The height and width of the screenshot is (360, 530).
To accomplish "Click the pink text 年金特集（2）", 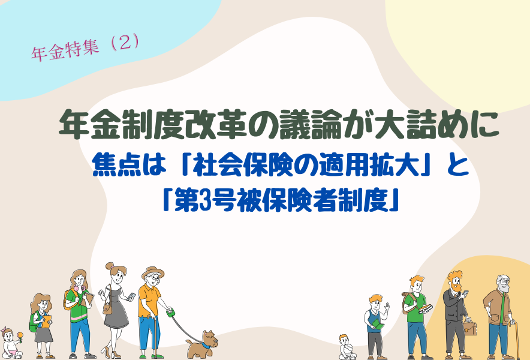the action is pos(85,49).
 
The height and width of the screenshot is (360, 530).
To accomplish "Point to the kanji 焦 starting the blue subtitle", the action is pos(104,165).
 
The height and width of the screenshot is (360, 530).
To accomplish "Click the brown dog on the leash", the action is pos(201,344).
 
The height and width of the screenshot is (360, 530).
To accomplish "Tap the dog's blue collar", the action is pos(206,345).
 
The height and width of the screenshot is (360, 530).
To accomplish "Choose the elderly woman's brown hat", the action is pos(153,272).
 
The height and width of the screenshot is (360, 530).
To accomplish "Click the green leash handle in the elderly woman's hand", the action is pos(170,311).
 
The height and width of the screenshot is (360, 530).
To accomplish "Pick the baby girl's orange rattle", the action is pos(20,337).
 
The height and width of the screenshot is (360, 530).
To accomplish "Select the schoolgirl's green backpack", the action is pos(33,322).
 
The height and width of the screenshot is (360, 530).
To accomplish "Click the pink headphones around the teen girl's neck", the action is pos(79,288).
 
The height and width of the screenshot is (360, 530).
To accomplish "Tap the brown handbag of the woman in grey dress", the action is pos(107,308).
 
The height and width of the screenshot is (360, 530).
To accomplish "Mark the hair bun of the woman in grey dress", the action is pos(109,266).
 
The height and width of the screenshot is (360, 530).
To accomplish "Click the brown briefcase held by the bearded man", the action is pos(470,328).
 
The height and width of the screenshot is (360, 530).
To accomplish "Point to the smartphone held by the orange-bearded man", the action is pos(465,293).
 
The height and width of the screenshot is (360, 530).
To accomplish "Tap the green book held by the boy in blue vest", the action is pos(378,326).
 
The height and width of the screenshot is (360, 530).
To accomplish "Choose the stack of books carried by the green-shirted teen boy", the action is pos(426,308).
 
